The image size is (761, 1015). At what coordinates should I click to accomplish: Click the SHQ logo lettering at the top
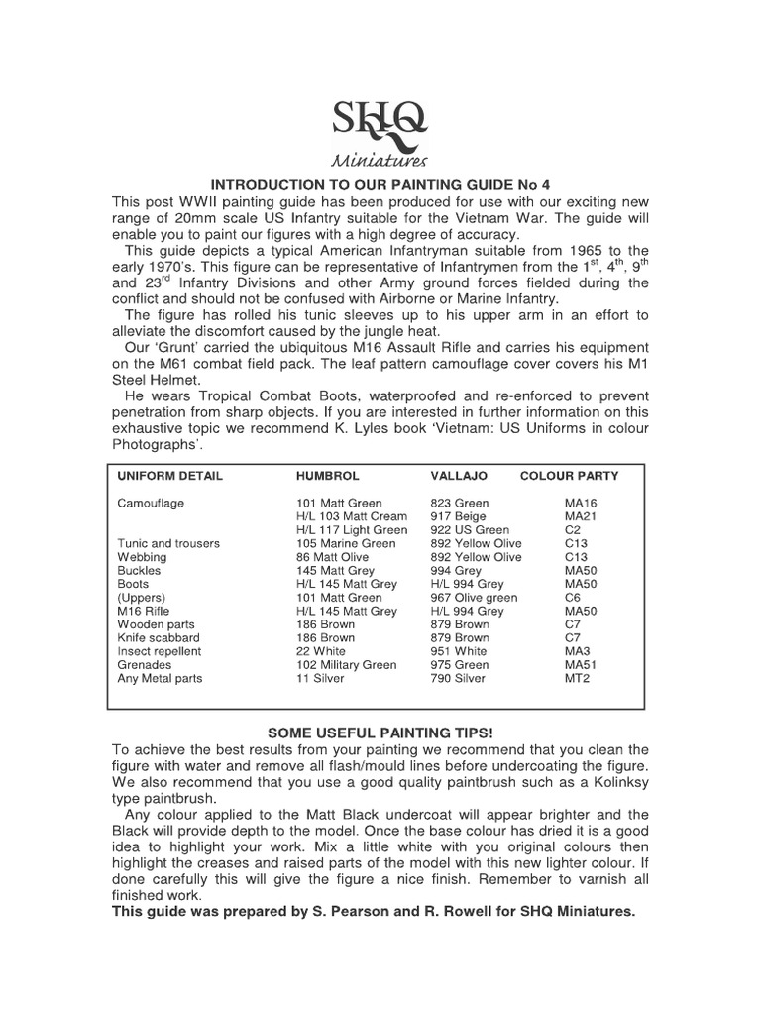(380, 120)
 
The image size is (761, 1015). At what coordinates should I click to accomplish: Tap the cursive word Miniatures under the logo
(380, 160)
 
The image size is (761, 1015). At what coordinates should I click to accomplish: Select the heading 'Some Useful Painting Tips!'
(380, 733)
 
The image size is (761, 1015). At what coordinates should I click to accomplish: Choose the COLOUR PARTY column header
(569, 476)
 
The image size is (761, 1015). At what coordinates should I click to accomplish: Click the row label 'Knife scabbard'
(159, 638)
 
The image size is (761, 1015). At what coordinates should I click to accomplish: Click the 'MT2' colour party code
(578, 679)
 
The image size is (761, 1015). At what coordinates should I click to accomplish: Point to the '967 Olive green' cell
(474, 598)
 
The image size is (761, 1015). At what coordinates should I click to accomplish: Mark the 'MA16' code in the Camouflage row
(581, 504)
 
